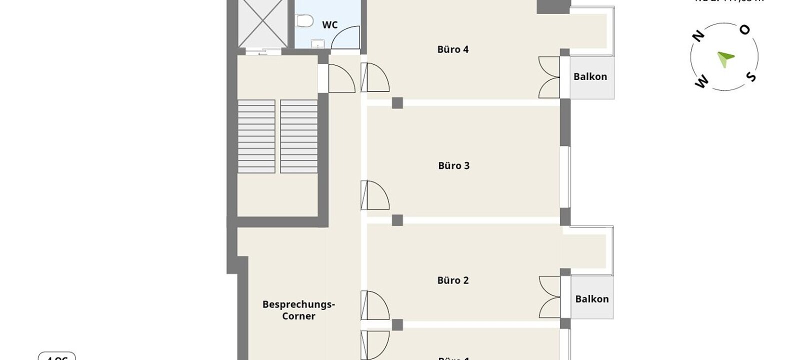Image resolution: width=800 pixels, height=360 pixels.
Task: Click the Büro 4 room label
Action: tap(452, 49)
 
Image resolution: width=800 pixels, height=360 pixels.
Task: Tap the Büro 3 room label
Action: tap(453, 165)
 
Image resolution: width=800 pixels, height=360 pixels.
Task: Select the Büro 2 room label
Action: tap(452, 280)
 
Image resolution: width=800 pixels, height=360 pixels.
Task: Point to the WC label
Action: tap(329, 25)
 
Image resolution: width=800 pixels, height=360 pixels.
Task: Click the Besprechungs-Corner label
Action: tap(298, 310)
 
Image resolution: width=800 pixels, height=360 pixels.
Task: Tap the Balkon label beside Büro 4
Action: tap(590, 77)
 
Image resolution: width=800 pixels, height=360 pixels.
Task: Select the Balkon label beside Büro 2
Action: tap(591, 299)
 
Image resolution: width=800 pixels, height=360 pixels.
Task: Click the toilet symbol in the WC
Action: tap(303, 21)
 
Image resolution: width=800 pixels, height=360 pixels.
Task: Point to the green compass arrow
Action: tap(724, 58)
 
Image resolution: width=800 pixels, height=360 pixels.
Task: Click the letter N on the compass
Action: tap(698, 36)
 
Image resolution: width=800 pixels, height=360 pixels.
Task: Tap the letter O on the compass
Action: tap(744, 30)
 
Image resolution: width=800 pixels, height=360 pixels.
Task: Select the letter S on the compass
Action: tap(751, 76)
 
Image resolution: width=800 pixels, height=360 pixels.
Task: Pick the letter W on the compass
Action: tap(702, 82)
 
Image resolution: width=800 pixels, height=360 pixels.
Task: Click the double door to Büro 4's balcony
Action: tap(549, 77)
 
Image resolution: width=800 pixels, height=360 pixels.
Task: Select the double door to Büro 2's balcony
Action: tap(549, 297)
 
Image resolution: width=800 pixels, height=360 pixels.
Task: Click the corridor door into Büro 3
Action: tap(376, 195)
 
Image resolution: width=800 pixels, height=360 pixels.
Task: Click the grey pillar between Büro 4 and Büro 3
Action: tap(397, 103)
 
